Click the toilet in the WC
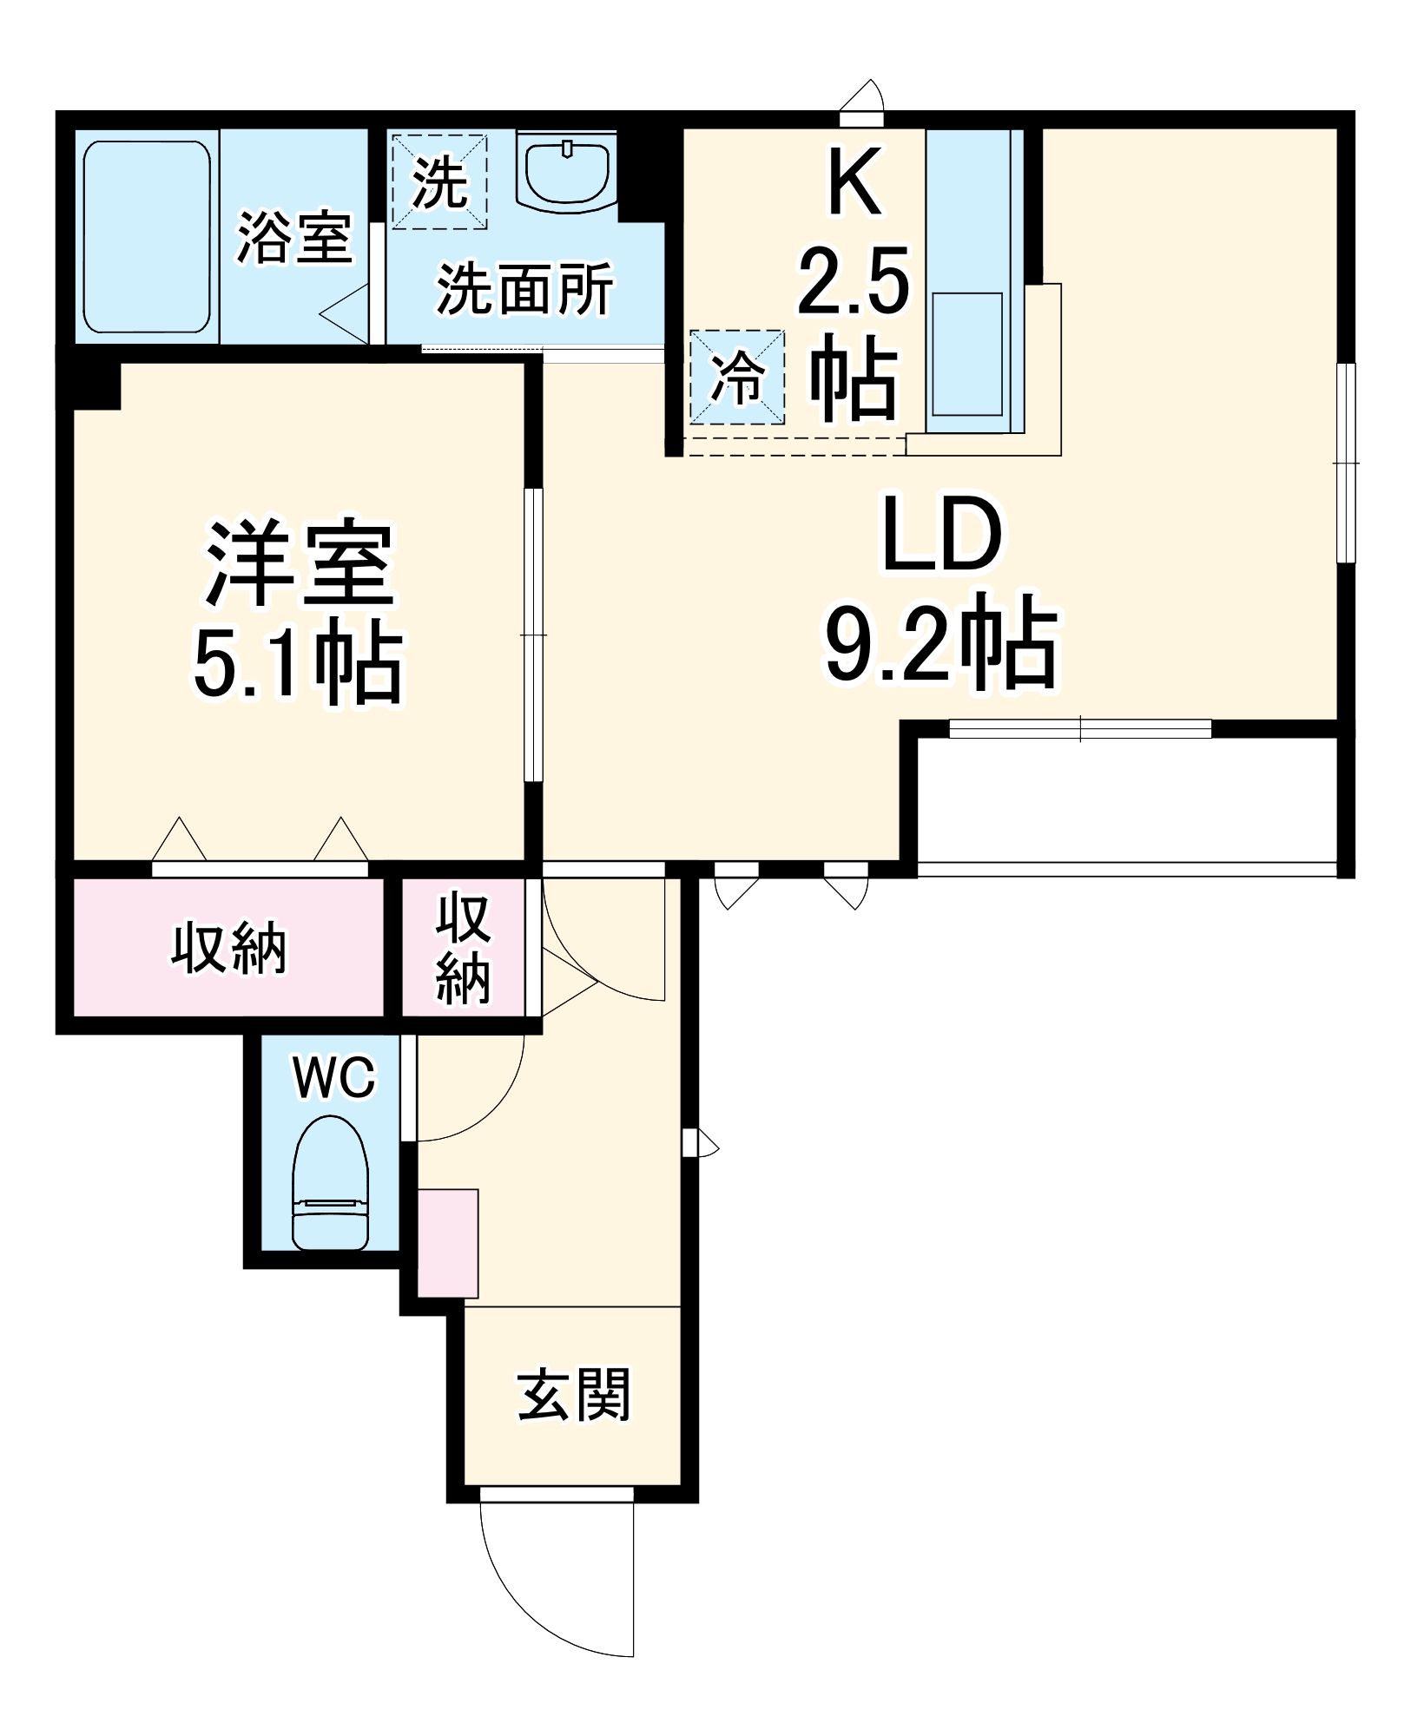(330, 1186)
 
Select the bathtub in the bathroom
(147, 236)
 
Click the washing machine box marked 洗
(438, 181)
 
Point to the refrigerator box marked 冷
(737, 377)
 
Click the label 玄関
(573, 1397)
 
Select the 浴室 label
(294, 237)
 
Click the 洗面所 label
(524, 289)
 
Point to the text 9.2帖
(941, 645)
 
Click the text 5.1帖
(298, 663)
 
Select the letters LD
(941, 536)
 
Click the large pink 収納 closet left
(227, 948)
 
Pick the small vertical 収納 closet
(463, 948)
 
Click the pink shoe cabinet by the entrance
(448, 1243)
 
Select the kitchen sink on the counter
(967, 354)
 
